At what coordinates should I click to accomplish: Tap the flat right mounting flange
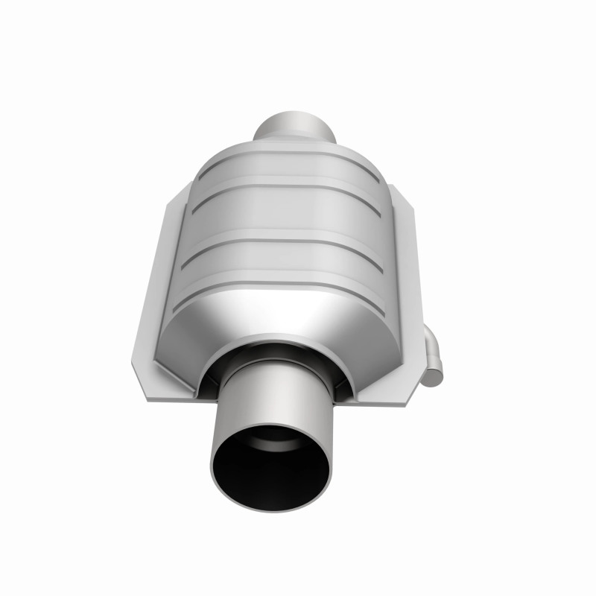406,298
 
